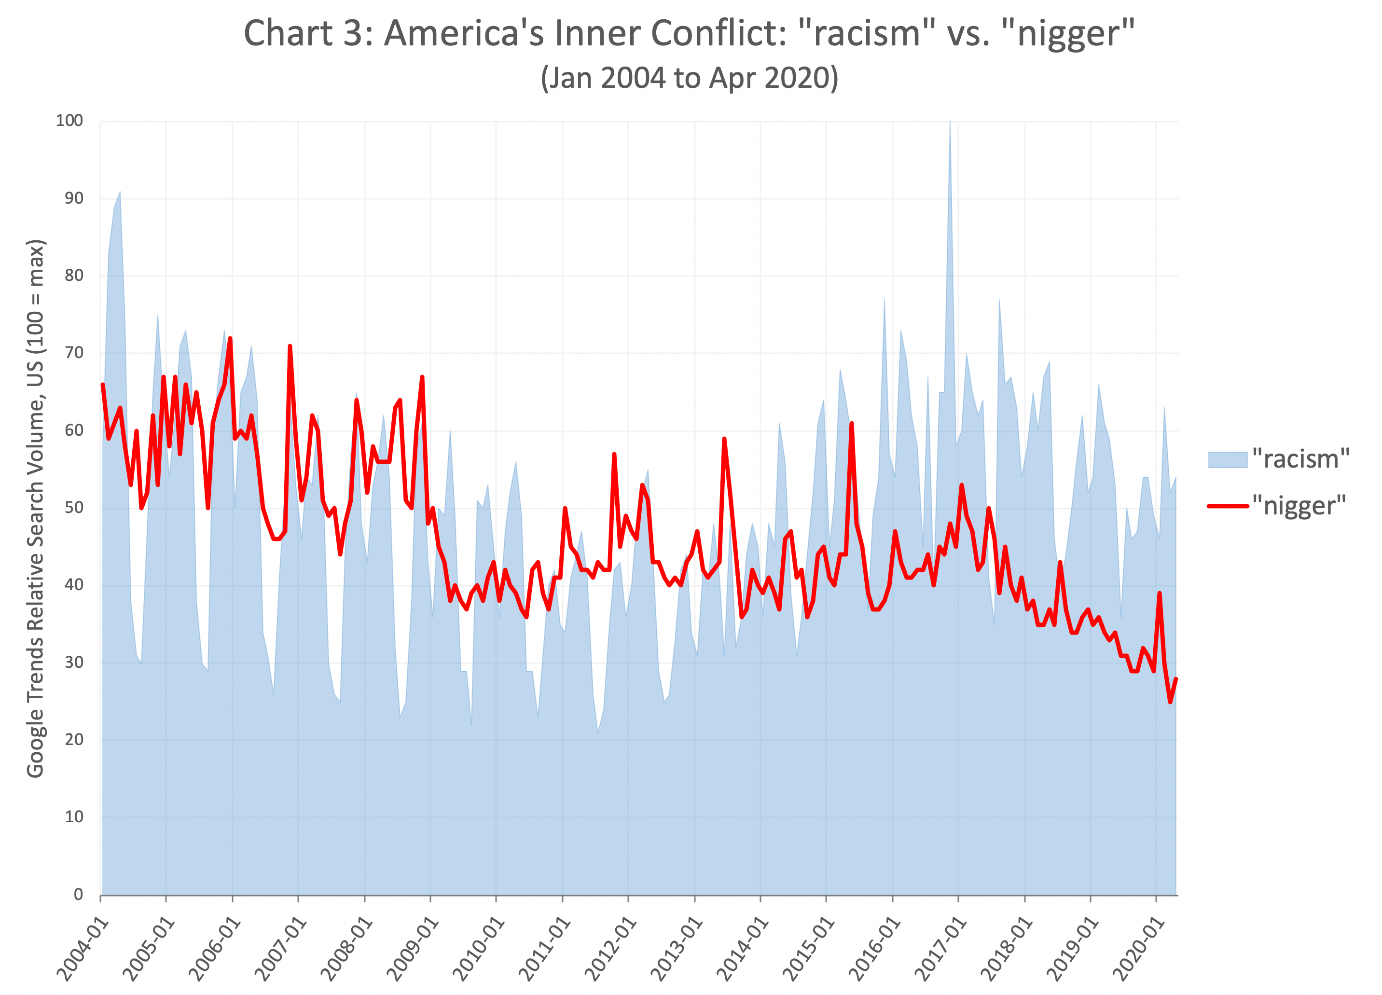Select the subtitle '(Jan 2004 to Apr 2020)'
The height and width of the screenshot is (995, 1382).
689,79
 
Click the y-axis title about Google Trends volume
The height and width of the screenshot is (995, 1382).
35,508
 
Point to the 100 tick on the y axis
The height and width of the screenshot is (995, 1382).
69,121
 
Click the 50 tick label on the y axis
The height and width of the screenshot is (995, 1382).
73,508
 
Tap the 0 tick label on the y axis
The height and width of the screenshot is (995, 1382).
78,895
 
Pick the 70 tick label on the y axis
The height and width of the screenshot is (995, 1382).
73,353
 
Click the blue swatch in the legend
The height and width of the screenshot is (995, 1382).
1227,459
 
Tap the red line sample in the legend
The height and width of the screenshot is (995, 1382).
1227,506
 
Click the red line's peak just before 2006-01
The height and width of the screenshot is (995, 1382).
230,339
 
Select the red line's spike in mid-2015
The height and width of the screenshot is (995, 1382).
851,424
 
